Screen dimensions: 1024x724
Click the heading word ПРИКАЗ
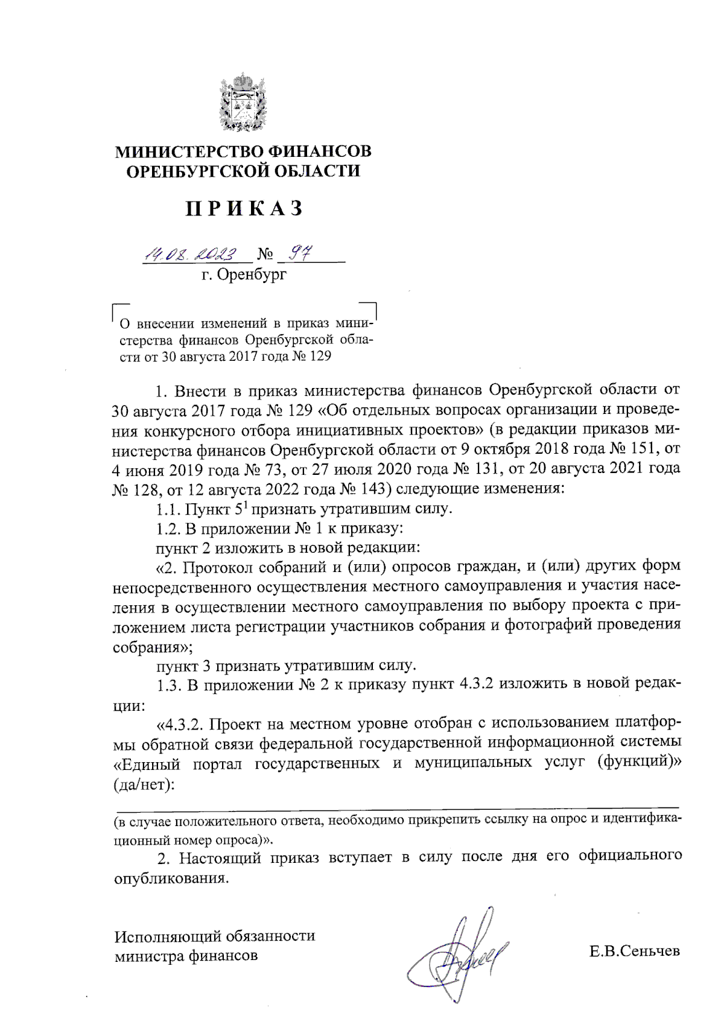(x=243, y=208)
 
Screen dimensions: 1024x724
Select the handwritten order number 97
(x=298, y=254)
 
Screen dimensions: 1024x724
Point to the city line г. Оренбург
(x=244, y=276)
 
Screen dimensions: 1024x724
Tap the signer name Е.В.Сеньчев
(x=635, y=952)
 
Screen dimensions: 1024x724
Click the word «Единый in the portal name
(x=147, y=764)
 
